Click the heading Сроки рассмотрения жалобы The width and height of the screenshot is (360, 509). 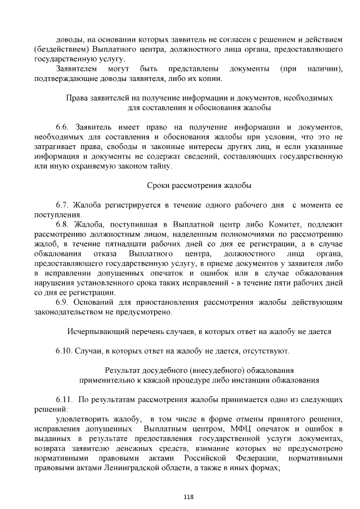pos(199,185)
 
